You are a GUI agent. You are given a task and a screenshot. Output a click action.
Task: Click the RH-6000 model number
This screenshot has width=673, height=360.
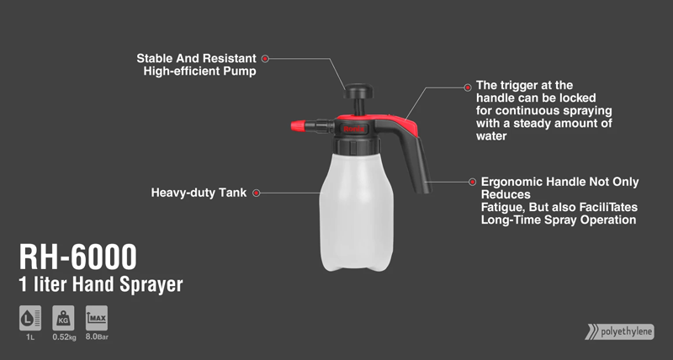click(x=77, y=257)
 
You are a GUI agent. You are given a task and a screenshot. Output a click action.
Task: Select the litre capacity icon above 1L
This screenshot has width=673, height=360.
click(x=30, y=318)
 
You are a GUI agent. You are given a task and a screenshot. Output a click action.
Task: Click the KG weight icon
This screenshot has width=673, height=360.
click(x=63, y=318)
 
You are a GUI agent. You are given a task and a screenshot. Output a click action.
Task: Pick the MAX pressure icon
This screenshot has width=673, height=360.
click(x=97, y=318)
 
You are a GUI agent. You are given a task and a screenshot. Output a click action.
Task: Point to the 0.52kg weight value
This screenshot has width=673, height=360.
click(x=65, y=337)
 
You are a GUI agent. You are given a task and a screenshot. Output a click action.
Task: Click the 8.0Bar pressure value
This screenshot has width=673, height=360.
click(x=97, y=336)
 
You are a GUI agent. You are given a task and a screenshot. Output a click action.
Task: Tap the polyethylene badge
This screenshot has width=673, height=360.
click(x=620, y=331)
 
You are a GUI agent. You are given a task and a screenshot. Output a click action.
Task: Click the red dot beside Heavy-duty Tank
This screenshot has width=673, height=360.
click(x=257, y=193)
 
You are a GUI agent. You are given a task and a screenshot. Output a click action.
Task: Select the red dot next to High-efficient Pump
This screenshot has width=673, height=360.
click(x=265, y=59)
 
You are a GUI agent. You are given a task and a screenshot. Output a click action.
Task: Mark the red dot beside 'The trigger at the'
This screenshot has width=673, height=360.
click(x=468, y=87)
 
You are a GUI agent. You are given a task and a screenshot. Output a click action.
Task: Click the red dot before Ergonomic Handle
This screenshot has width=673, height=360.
click(x=472, y=182)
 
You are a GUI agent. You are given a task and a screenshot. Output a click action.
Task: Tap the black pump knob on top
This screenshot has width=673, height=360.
click(x=358, y=91)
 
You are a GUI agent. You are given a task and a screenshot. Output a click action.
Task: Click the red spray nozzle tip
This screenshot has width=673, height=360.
click(x=298, y=125)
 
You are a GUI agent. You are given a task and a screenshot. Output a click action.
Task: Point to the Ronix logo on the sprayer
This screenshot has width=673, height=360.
click(x=354, y=129)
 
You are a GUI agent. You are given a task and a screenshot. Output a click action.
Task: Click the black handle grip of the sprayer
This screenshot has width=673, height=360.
click(x=417, y=163)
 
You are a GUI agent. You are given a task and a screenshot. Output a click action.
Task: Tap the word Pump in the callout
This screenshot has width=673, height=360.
click(x=242, y=71)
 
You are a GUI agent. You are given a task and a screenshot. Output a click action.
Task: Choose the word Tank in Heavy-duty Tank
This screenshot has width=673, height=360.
click(x=233, y=193)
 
